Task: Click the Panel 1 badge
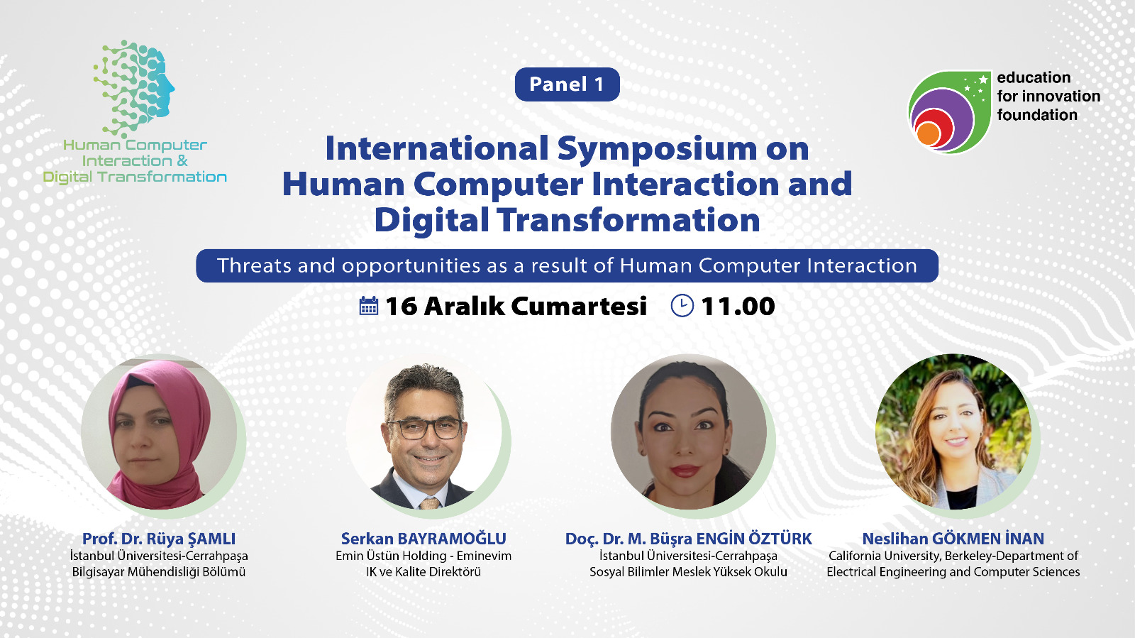(x=567, y=84)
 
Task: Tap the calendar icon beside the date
(x=368, y=306)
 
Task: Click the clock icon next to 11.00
(x=682, y=306)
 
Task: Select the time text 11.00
(x=738, y=306)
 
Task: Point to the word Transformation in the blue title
(x=628, y=220)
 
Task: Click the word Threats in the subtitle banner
(x=255, y=265)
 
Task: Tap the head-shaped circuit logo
(x=134, y=88)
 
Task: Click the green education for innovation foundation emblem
(x=949, y=112)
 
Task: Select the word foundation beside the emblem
(x=1036, y=115)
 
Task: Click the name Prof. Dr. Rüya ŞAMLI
(x=159, y=538)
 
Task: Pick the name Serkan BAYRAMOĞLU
(x=423, y=538)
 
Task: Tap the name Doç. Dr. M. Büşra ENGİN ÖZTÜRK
(x=688, y=539)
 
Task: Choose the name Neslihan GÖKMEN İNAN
(x=953, y=538)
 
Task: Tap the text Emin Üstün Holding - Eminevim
(x=423, y=556)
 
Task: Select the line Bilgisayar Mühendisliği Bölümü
(x=159, y=572)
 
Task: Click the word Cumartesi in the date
(x=579, y=306)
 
